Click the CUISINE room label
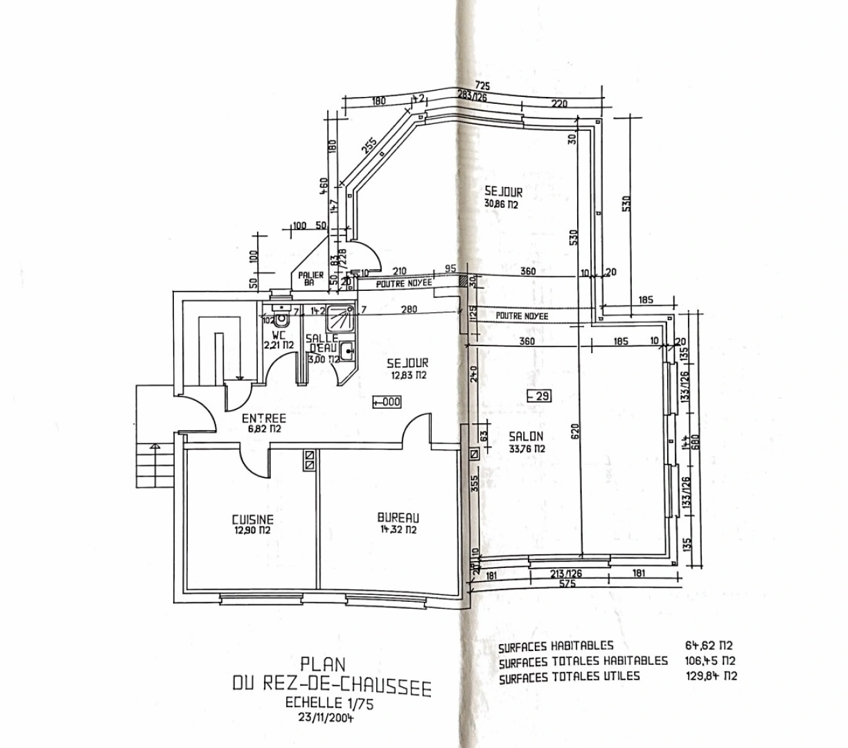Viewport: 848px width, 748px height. point(252,519)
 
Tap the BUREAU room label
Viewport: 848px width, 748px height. point(398,517)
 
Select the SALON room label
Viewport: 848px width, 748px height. point(526,437)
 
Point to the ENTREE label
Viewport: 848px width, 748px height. point(263,418)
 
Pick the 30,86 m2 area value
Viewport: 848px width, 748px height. point(502,204)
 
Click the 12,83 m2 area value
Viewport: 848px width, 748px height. point(407,375)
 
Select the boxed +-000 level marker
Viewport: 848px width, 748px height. point(387,401)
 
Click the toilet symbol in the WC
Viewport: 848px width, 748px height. point(281,320)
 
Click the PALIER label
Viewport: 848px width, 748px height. point(311,276)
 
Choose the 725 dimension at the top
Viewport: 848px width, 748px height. point(483,86)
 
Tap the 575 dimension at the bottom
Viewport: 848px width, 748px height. point(568,584)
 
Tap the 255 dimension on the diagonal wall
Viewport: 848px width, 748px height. point(370,145)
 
